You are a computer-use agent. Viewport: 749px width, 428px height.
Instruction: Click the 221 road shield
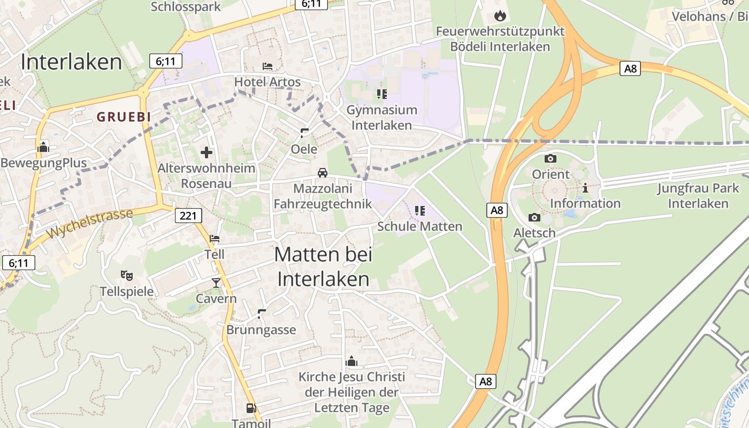(188, 216)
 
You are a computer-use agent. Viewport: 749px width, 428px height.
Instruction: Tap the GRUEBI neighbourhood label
(124, 117)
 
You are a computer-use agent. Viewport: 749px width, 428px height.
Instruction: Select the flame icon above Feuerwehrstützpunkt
(500, 16)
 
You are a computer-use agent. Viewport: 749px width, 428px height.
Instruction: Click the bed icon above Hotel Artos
(267, 66)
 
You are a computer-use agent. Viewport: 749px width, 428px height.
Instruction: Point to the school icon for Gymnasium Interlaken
(381, 94)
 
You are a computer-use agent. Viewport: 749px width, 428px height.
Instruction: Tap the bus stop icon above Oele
(304, 133)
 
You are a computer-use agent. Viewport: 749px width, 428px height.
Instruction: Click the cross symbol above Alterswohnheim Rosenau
(207, 153)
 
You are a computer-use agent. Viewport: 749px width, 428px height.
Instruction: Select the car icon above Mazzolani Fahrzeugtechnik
(322, 172)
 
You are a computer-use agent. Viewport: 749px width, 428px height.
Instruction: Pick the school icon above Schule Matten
(419, 210)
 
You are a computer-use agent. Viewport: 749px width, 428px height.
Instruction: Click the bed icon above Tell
(215, 239)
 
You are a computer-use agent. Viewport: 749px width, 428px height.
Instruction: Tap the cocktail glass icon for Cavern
(216, 282)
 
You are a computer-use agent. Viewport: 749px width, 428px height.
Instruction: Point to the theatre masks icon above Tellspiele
(126, 276)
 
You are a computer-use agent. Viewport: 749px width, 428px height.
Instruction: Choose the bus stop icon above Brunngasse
(261, 314)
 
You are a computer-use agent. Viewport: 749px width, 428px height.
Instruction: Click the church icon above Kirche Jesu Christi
(351, 361)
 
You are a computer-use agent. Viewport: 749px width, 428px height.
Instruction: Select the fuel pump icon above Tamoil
(251, 408)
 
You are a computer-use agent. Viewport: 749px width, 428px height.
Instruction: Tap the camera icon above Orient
(550, 158)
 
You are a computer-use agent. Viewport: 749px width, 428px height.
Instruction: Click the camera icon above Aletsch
(534, 217)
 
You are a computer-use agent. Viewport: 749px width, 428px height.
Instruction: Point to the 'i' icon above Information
(585, 188)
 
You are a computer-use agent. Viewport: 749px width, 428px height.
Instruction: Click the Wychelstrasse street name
(89, 224)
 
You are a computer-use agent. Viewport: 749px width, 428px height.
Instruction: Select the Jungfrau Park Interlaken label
(698, 196)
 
